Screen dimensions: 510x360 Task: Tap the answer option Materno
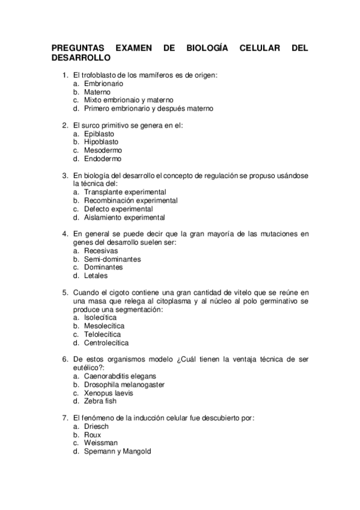pyautogui.click(x=97, y=92)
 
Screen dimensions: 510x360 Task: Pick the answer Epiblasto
pyautogui.click(x=99, y=134)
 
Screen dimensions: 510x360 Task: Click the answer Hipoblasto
pyautogui.click(x=101, y=142)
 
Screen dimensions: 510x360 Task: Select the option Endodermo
pyautogui.click(x=102, y=159)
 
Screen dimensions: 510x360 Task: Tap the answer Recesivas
pyautogui.click(x=101, y=250)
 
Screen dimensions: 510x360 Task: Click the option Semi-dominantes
pyautogui.click(x=112, y=259)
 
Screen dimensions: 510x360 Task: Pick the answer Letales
pyautogui.click(x=96, y=275)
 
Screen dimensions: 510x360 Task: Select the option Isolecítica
pyautogui.click(x=100, y=317)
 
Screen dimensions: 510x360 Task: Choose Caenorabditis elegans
pyautogui.click(x=115, y=375)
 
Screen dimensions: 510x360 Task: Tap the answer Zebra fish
pyautogui.click(x=100, y=401)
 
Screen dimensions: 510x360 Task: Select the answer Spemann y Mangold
pyautogui.click(x=117, y=450)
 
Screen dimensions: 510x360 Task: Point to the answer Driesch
pyautogui.click(x=96, y=425)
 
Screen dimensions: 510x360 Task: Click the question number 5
pyautogui.click(x=65, y=292)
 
